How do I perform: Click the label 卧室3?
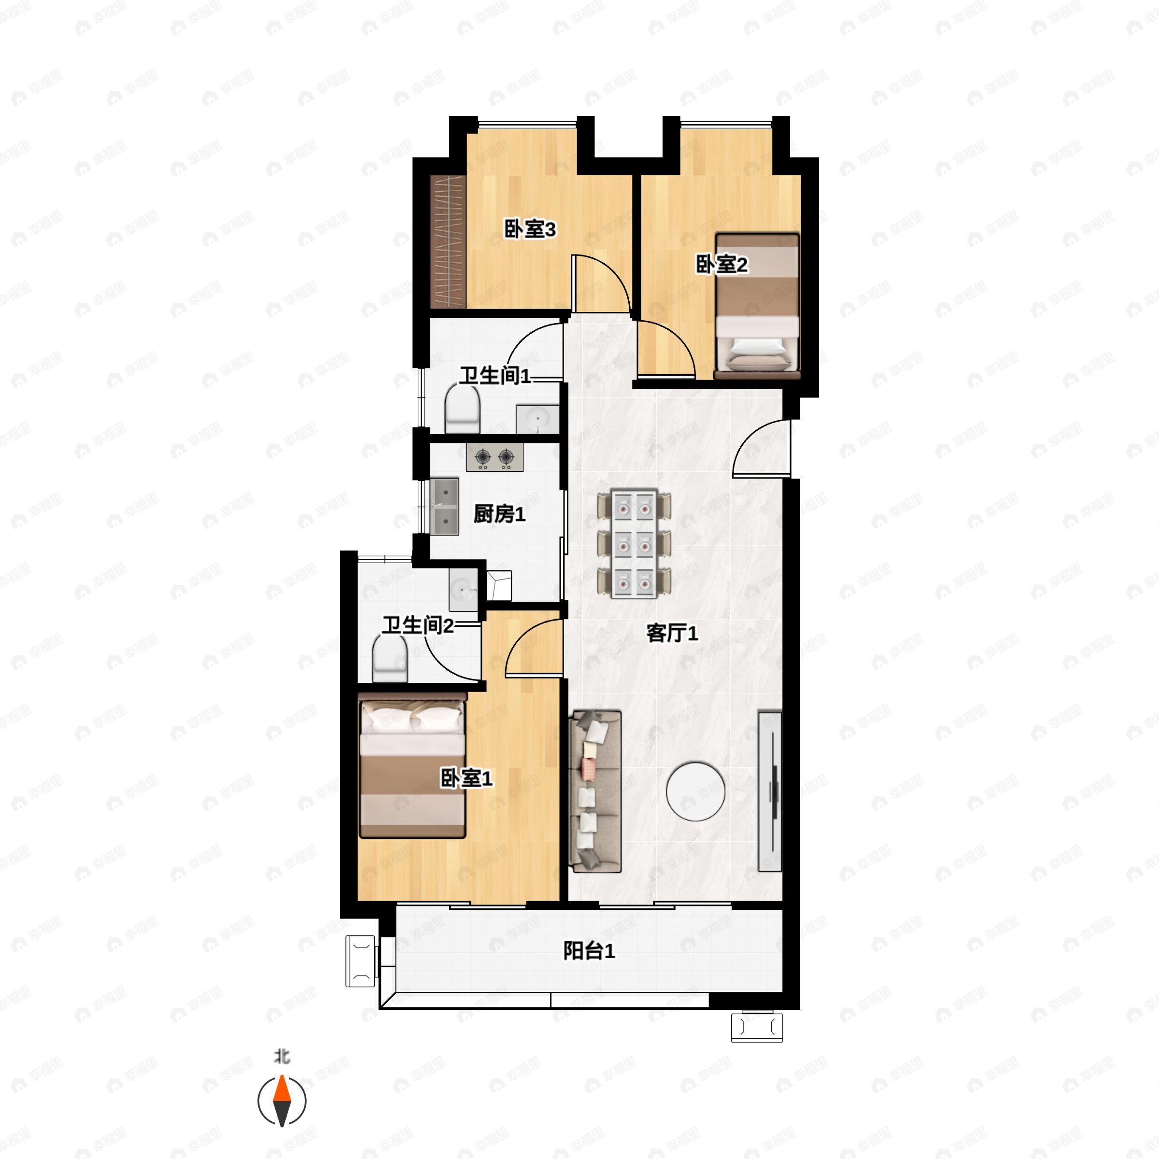tap(530, 229)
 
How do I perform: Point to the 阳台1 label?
tap(589, 951)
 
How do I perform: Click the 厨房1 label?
tap(499, 514)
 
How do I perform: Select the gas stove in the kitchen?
tap(495, 458)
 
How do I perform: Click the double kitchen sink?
tap(444, 507)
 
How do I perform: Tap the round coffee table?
tap(695, 792)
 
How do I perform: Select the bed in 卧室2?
tap(758, 307)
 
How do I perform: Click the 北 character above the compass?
tap(282, 1056)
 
